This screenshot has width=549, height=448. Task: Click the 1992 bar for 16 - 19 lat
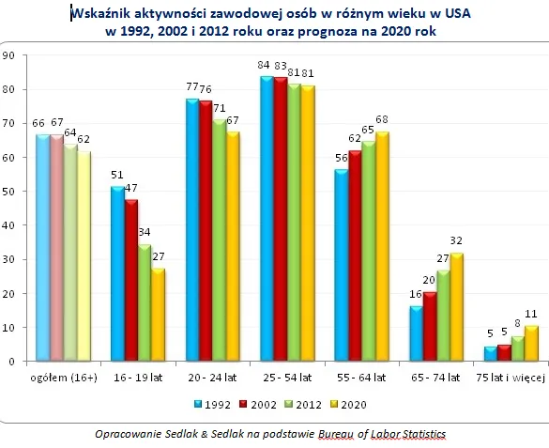(x=117, y=273)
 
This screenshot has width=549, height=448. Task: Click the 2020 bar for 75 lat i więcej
(x=531, y=343)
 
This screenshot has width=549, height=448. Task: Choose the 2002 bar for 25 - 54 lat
(x=280, y=220)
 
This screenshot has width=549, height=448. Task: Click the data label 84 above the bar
(x=266, y=65)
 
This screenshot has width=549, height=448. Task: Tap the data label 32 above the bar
(x=458, y=240)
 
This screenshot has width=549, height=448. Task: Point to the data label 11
(x=532, y=312)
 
